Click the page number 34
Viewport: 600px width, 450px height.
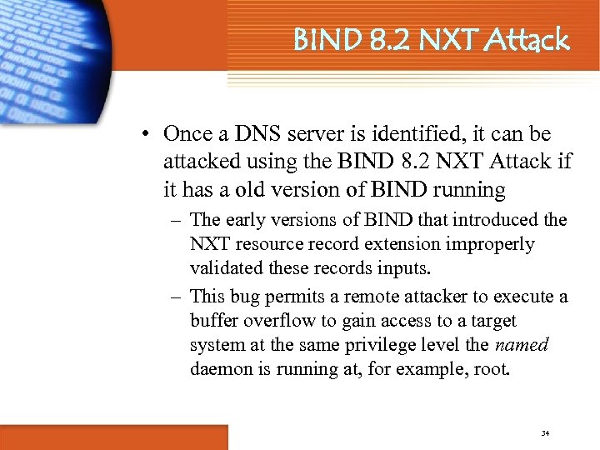click(x=546, y=432)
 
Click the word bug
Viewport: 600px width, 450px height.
click(x=261, y=297)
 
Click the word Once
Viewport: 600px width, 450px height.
click(x=187, y=133)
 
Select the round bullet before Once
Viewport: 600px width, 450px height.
click(x=145, y=134)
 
